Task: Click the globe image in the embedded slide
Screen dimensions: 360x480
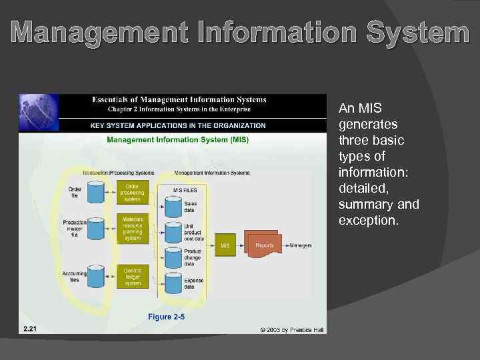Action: click(38, 113)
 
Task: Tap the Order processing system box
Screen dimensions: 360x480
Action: click(132, 192)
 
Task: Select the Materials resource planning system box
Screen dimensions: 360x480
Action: click(132, 228)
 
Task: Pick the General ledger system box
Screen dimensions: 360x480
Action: click(132, 276)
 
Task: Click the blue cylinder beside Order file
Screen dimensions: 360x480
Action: click(95, 193)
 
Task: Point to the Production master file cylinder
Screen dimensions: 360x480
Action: click(95, 229)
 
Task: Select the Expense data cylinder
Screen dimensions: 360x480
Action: click(174, 284)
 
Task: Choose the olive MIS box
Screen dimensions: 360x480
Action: click(225, 245)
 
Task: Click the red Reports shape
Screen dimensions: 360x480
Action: click(264, 245)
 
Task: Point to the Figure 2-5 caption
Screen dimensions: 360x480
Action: click(167, 317)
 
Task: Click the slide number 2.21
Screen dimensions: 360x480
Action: click(30, 329)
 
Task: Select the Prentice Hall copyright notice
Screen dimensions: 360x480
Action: click(292, 329)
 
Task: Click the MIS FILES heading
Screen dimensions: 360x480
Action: click(185, 190)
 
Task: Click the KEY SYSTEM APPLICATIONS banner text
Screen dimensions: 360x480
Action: click(178, 125)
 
